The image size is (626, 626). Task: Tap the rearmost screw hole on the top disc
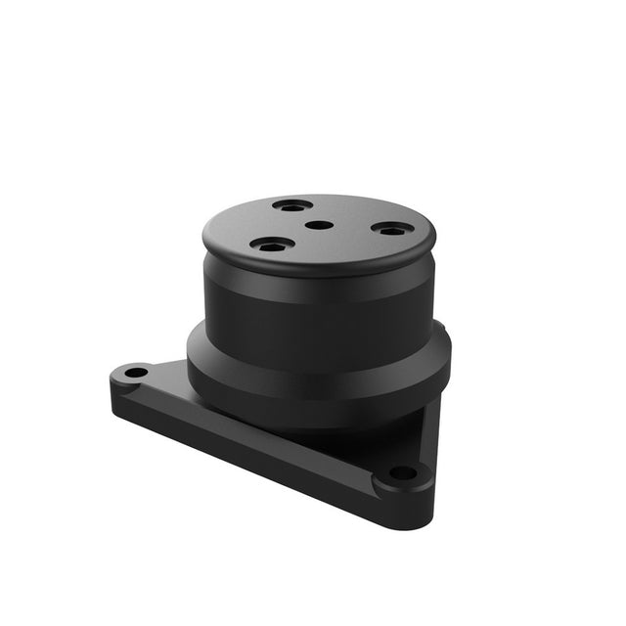292,205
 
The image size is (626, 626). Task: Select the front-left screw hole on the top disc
271,245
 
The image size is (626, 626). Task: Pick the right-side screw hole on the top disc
391,230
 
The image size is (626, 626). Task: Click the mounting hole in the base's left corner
134,373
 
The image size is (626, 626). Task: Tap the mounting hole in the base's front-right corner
402,473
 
